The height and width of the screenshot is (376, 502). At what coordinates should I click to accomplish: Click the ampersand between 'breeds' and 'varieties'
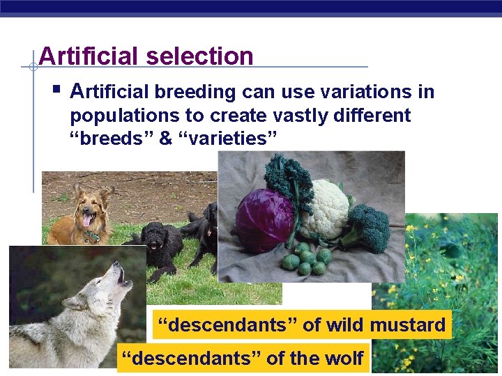tap(165, 138)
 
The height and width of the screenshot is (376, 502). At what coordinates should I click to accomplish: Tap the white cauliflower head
tap(324, 207)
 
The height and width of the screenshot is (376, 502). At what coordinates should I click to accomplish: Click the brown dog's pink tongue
tap(86, 221)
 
